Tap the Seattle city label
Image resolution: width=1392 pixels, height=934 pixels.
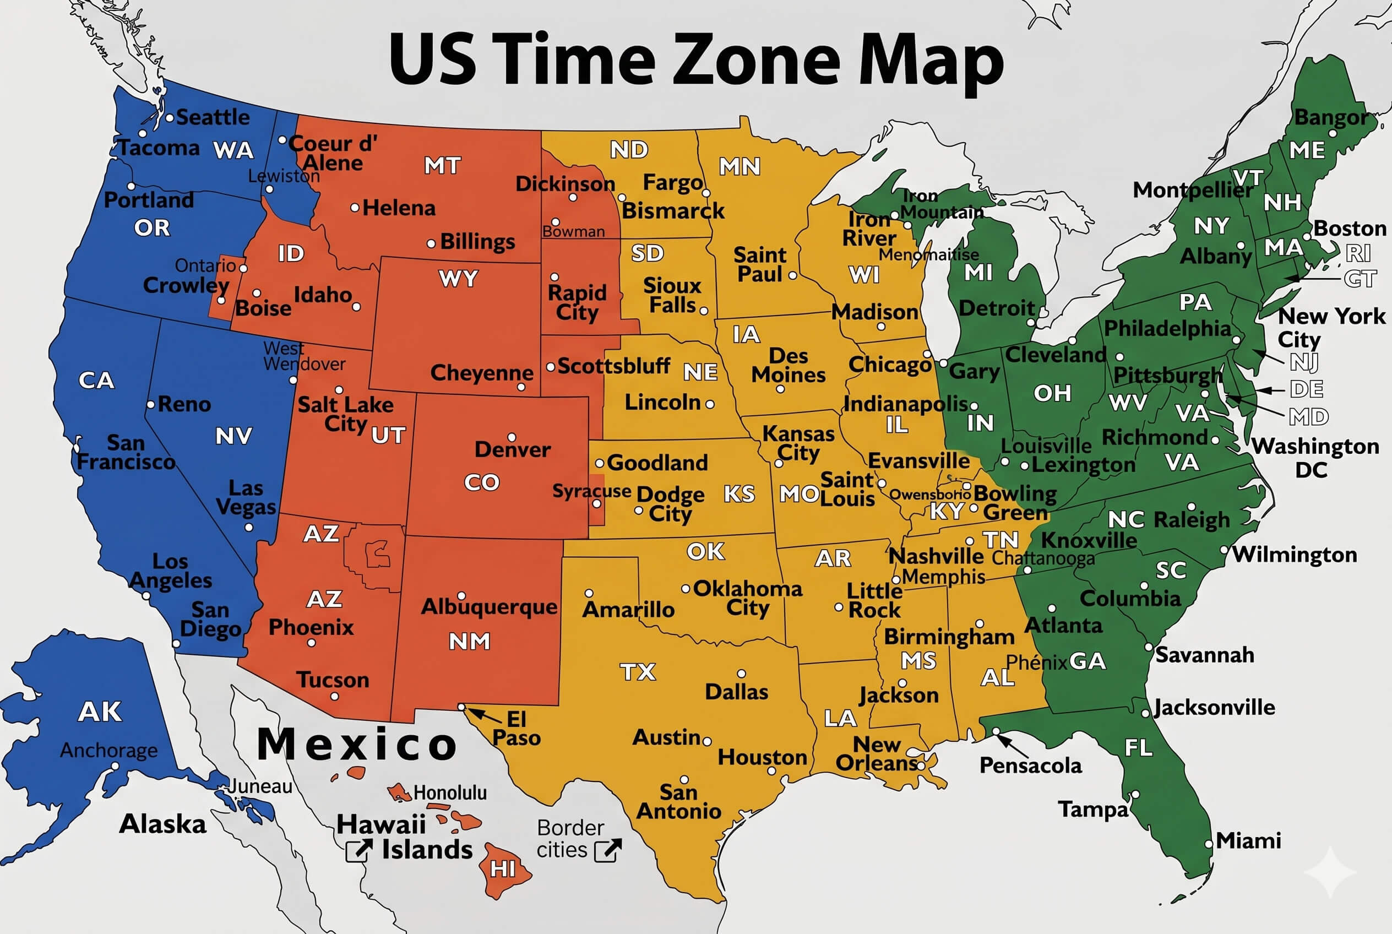[x=213, y=117]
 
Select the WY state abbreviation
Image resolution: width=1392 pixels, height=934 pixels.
[x=458, y=279]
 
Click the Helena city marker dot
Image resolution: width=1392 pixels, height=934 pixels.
[x=355, y=208]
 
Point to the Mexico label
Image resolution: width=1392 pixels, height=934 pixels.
[x=357, y=745]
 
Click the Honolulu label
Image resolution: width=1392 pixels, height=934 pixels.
[x=450, y=793]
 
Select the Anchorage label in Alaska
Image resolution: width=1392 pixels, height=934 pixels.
[x=109, y=751]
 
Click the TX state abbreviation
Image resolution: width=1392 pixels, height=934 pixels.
[x=638, y=672]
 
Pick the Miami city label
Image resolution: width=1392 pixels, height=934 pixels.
[x=1248, y=841]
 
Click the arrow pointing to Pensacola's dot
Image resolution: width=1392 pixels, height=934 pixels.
[x=1013, y=746]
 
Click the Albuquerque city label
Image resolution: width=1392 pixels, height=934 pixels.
[x=489, y=607]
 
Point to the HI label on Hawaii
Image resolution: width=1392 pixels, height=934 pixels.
[x=503, y=870]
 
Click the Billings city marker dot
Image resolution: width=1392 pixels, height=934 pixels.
[x=431, y=243]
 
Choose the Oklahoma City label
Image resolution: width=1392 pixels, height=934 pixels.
[x=748, y=598]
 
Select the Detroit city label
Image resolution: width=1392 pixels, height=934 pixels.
[x=997, y=308]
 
